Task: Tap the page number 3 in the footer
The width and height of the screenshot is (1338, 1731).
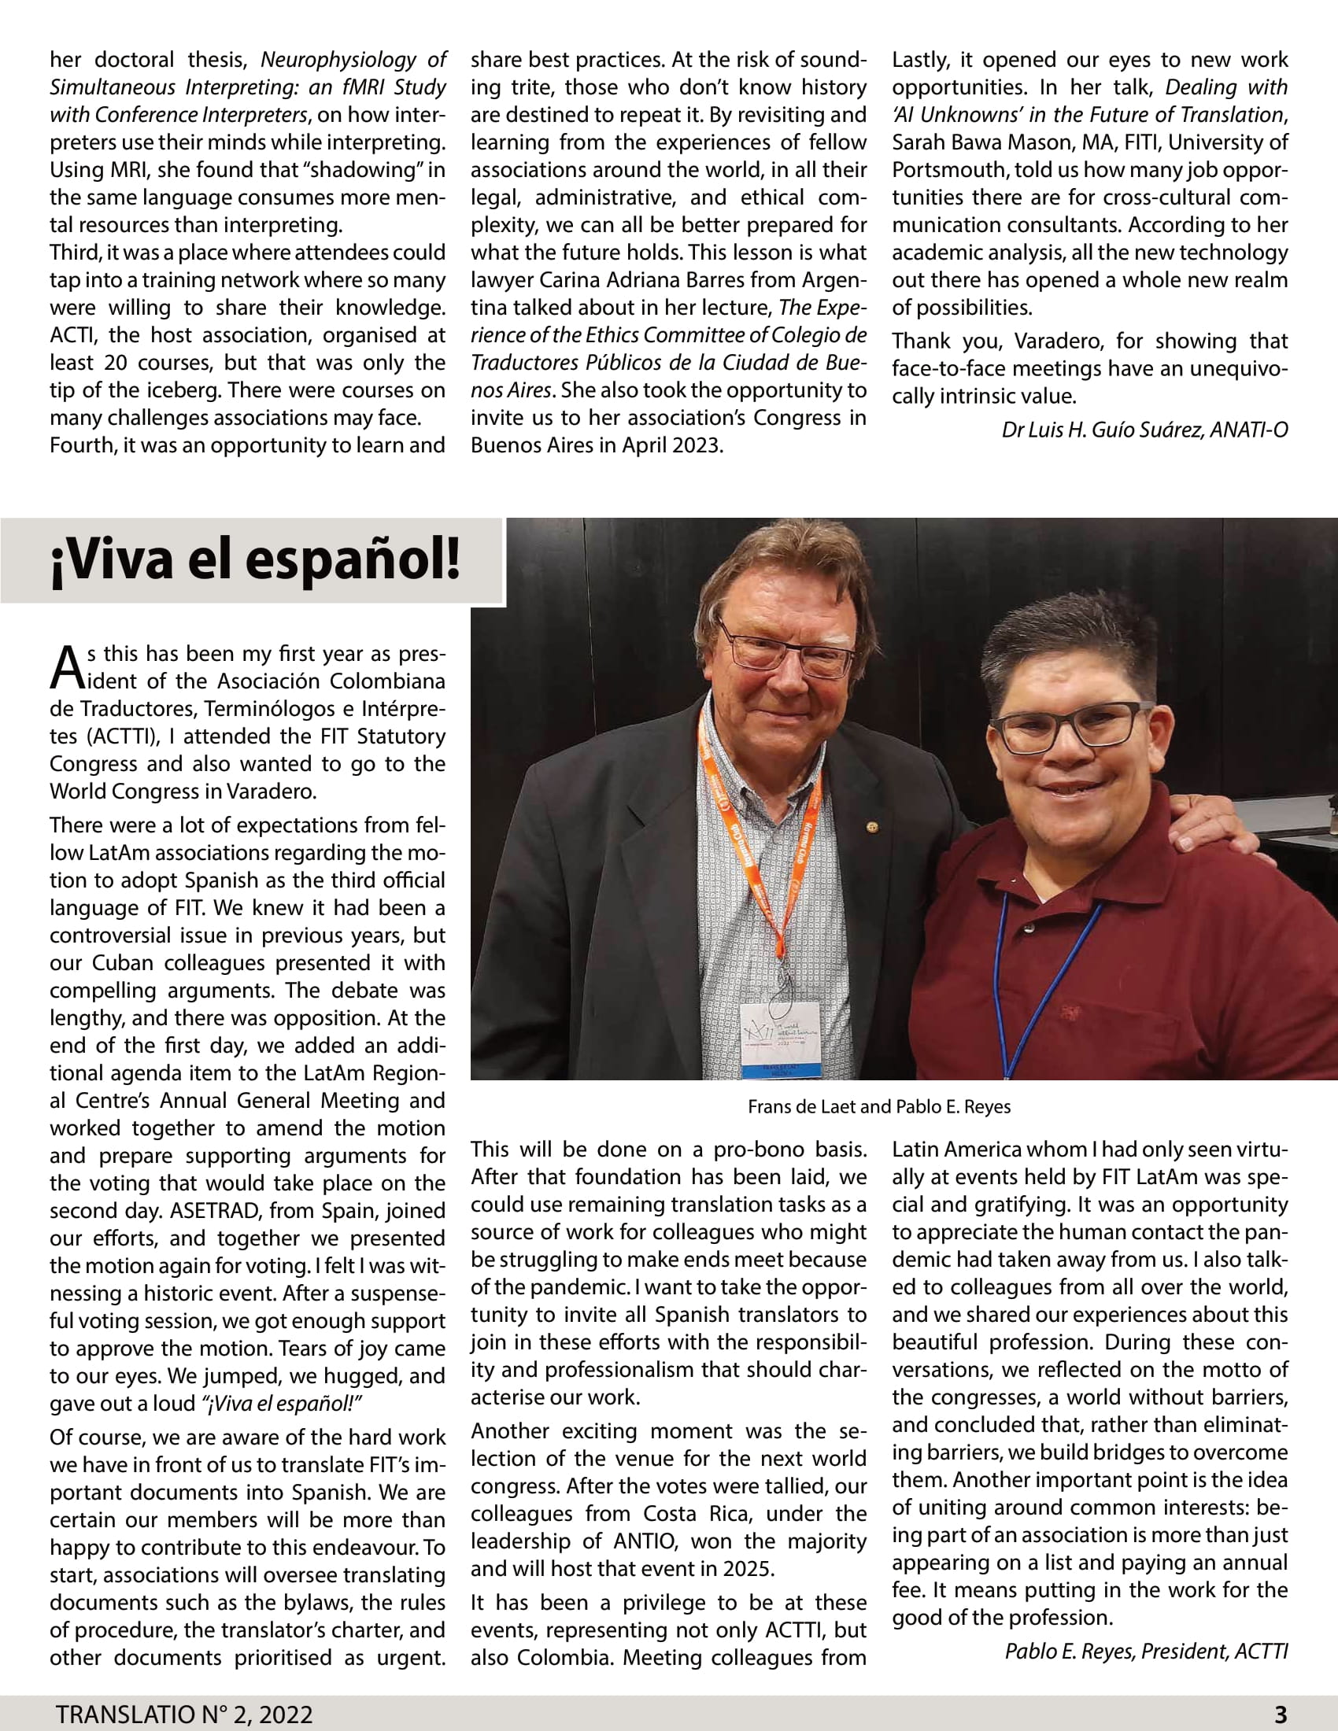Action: pos(1280,1714)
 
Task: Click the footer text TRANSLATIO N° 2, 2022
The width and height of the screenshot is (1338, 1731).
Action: pos(184,1714)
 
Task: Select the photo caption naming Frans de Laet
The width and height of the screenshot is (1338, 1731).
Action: pos(878,1106)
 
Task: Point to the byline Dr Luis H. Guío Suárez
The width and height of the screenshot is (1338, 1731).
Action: pos(1144,430)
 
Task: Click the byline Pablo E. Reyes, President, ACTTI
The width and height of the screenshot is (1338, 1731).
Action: pos(1145,1651)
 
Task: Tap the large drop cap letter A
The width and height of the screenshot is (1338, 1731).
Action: pos(67,668)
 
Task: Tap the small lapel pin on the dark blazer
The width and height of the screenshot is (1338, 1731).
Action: pos(872,826)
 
